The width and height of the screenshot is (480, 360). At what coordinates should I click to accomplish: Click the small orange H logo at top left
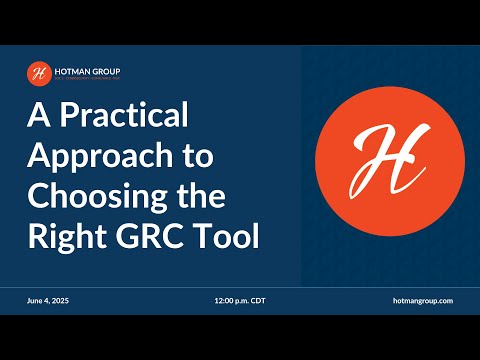coord(38,73)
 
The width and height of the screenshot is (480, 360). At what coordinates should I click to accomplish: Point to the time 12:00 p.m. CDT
coord(240,300)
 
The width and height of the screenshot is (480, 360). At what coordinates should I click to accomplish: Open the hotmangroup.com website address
coord(425,300)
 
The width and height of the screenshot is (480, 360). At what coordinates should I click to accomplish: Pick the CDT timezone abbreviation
coord(258,300)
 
